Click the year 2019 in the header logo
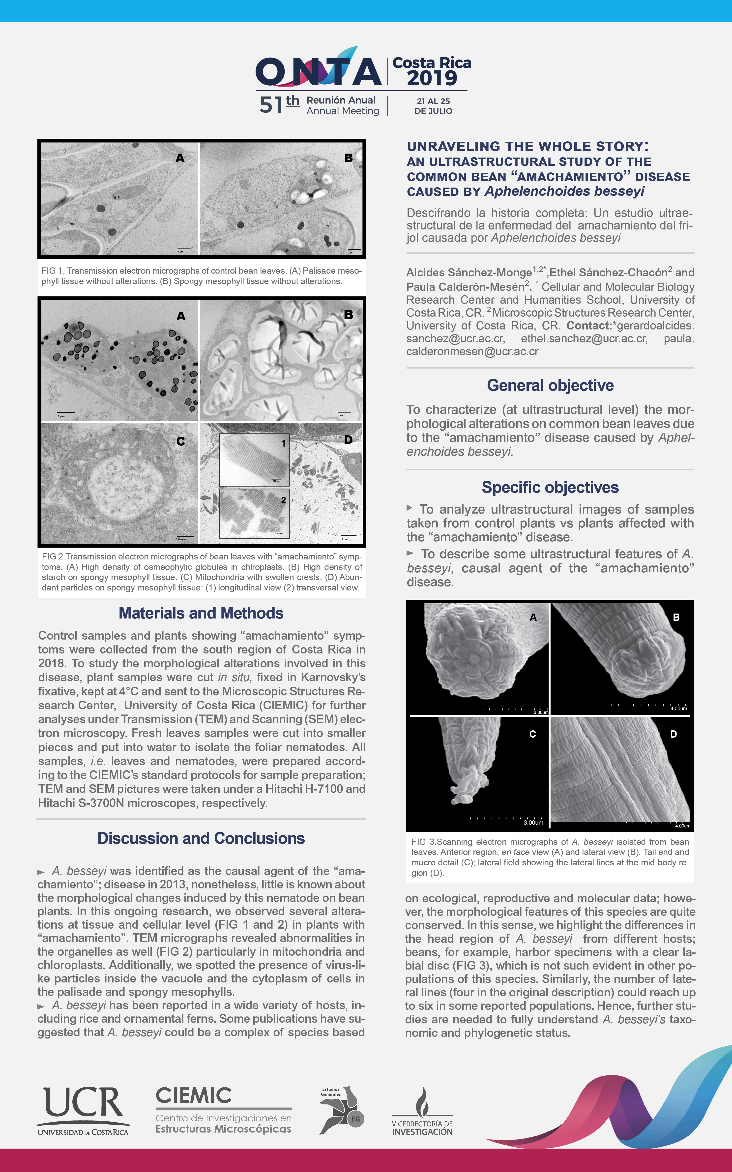432,78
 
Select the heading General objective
550,385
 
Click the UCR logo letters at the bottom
83,1102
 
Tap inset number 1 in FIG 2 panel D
284,443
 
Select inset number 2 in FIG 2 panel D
284,500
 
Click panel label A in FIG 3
533,617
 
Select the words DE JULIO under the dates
433,111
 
